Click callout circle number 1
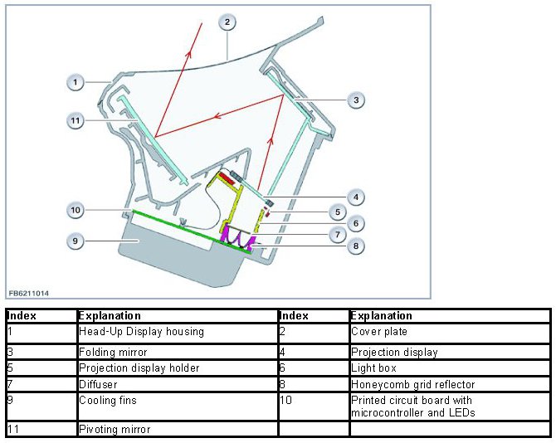click(76, 82)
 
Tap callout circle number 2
click(227, 22)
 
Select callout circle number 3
click(355, 100)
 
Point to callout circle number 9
click(76, 241)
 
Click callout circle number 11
click(76, 120)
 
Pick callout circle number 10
click(76, 210)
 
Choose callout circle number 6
click(355, 223)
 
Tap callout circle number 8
click(355, 246)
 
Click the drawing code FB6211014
click(28, 293)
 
